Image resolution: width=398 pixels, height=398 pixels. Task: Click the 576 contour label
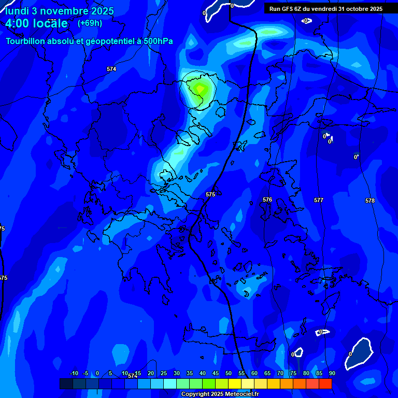pos(267,200)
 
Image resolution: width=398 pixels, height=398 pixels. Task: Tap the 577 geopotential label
pos(319,200)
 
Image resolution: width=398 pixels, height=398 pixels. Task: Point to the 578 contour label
pos(369,201)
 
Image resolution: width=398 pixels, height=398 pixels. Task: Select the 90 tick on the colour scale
pos(332,373)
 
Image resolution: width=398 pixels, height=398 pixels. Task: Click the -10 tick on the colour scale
pos(74,373)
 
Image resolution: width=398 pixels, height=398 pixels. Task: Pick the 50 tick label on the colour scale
pos(229,373)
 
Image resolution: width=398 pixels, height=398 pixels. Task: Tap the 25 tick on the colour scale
pos(164,373)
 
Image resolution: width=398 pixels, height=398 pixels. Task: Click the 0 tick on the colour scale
pos(97,373)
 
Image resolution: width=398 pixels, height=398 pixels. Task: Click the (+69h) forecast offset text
pos(90,23)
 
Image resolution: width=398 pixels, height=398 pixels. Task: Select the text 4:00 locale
pos(36,23)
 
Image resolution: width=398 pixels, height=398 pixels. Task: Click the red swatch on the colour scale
pos(325,383)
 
